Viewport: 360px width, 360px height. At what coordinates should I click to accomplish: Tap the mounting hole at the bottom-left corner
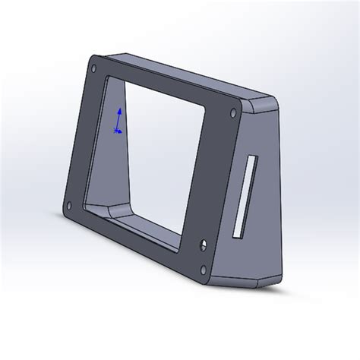click(70, 204)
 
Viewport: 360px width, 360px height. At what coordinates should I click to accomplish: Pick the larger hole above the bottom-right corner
click(203, 245)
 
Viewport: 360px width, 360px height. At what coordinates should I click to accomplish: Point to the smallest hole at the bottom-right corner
click(204, 268)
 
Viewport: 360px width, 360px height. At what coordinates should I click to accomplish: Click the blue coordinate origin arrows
click(118, 122)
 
